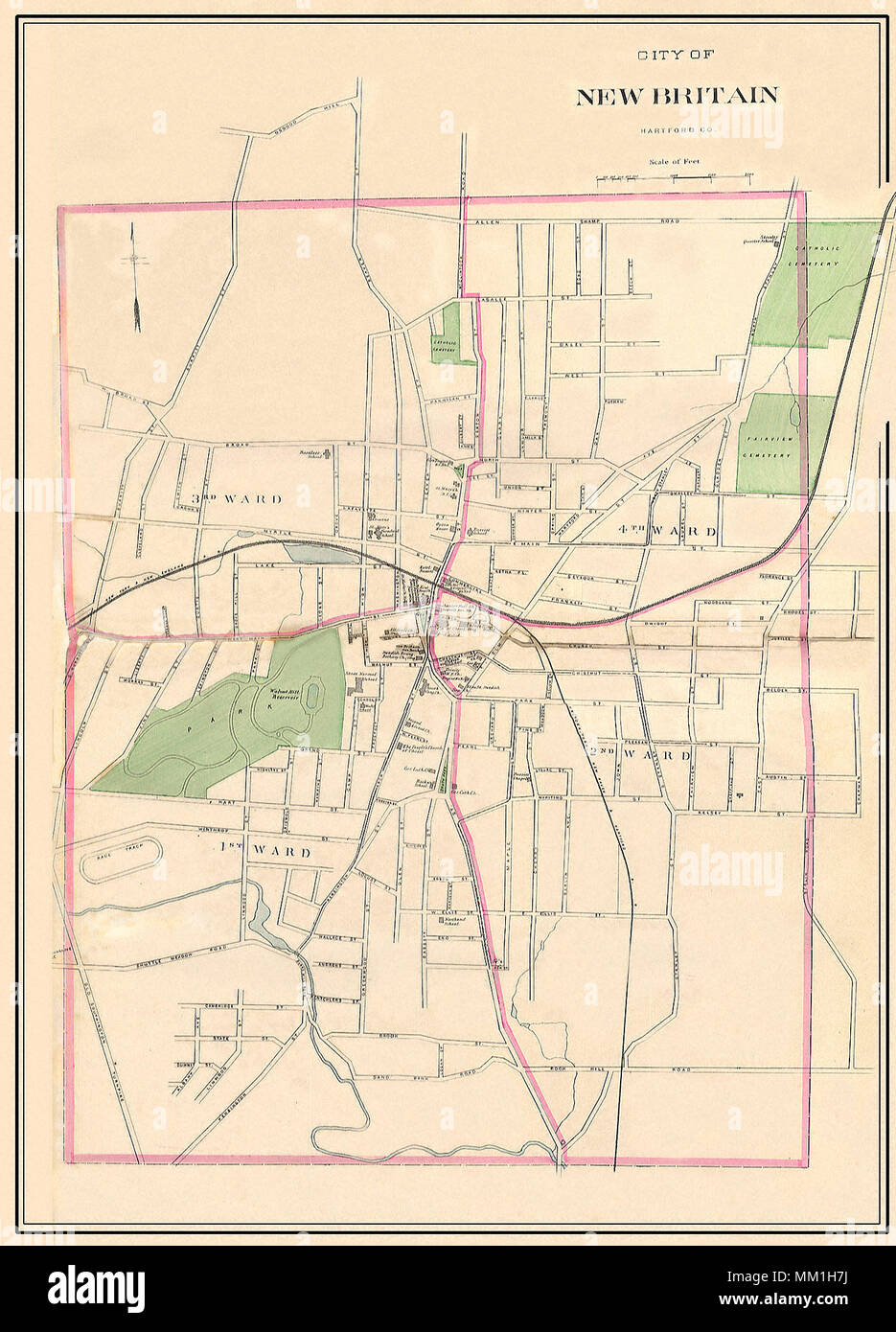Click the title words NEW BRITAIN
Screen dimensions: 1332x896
(676, 95)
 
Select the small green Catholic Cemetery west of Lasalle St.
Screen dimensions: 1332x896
(453, 335)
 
